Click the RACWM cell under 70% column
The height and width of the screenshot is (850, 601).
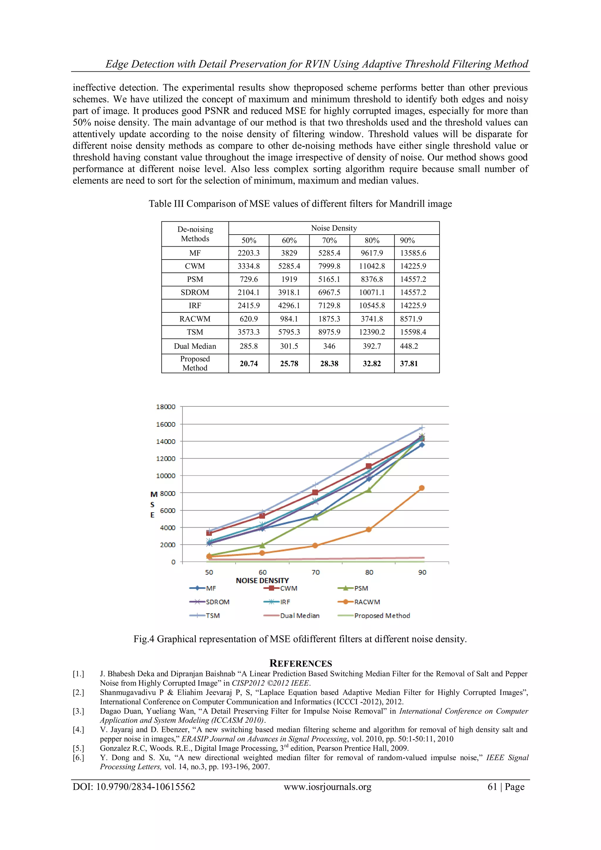[329, 319]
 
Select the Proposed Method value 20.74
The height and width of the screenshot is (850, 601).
[249, 363]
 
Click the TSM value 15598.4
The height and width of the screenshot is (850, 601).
[413, 332]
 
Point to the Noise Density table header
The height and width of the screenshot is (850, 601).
[334, 228]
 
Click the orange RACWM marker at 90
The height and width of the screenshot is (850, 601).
[421, 488]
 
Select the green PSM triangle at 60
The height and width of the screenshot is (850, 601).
[262, 545]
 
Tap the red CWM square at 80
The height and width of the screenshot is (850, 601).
[369, 466]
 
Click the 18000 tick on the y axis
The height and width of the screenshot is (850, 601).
[166, 406]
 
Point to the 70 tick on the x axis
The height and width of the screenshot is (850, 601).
[316, 572]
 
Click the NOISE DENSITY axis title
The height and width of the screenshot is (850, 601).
[262, 580]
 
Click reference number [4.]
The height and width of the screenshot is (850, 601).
[78, 729]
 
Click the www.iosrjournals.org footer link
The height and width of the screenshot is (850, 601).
[327, 787]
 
